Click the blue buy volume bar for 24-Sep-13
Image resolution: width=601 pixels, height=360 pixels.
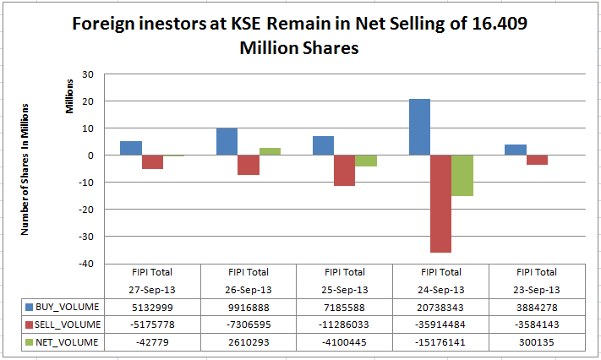tap(419, 127)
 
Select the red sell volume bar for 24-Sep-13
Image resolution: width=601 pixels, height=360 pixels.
tap(440, 203)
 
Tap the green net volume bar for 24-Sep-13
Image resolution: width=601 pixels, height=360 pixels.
tap(462, 175)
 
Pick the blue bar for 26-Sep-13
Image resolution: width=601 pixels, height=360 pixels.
tap(227, 141)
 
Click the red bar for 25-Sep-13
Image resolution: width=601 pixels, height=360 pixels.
tap(344, 170)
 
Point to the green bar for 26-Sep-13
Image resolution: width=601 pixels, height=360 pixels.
tap(269, 151)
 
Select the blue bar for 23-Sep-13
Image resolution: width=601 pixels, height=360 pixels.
tap(516, 150)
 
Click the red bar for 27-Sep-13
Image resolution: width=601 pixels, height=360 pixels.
tap(152, 161)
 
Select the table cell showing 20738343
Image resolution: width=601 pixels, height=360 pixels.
tap(440, 308)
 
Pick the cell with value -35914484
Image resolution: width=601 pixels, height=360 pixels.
tap(440, 325)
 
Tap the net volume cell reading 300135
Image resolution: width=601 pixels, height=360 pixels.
tap(536, 341)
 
